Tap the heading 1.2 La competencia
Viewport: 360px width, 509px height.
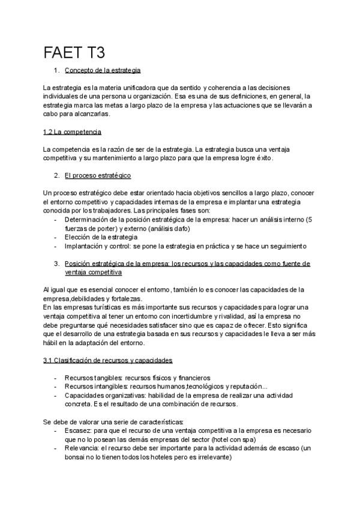coord(73,131)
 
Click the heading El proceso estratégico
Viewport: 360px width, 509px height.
coord(98,175)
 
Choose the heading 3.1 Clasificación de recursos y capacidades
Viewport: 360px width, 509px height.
coord(108,360)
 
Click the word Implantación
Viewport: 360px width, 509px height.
coord(85,245)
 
